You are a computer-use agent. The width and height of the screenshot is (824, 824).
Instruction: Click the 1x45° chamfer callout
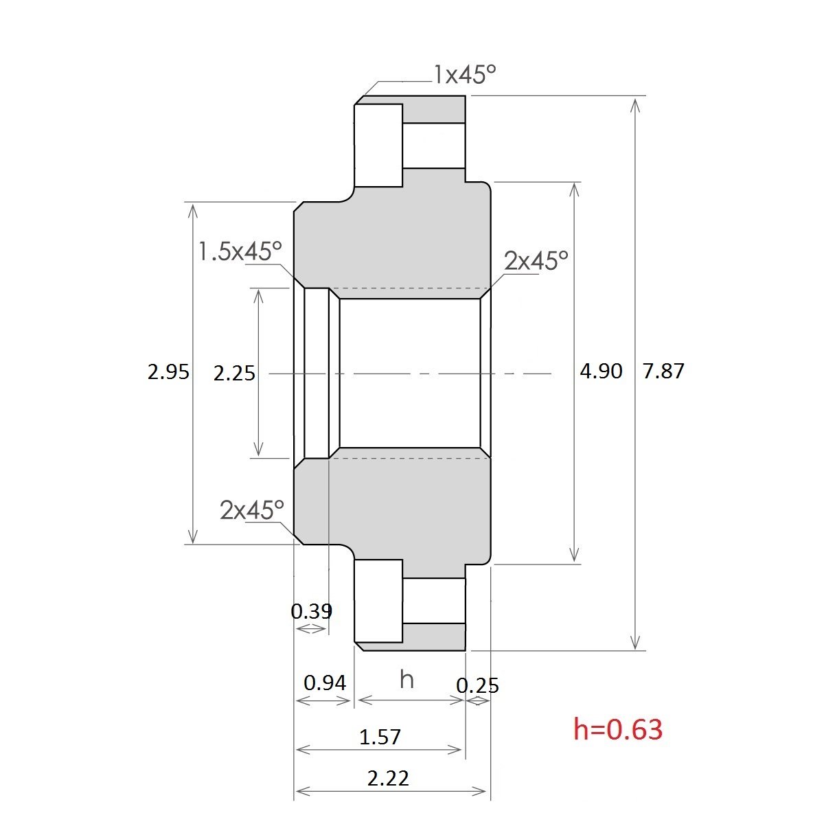[465, 74]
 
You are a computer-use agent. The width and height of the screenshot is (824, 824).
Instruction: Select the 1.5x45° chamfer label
[240, 251]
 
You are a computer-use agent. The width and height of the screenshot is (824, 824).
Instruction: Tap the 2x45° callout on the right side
[536, 260]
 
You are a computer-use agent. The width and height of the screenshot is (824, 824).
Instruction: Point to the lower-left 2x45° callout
[252, 510]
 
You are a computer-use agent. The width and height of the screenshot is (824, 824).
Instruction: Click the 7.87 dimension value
[663, 371]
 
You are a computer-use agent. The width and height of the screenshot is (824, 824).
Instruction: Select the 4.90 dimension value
[601, 371]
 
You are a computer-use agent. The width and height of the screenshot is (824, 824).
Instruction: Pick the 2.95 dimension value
[168, 372]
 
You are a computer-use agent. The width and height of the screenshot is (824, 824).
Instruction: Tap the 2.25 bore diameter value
[234, 374]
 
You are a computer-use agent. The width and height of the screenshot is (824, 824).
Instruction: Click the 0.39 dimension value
[311, 611]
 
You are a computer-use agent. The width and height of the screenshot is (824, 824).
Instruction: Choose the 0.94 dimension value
[325, 683]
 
